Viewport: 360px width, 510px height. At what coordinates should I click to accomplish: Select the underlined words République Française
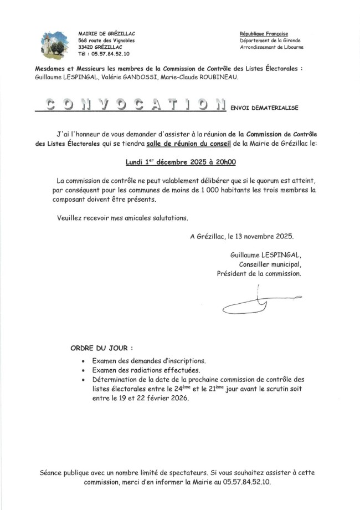click(264, 33)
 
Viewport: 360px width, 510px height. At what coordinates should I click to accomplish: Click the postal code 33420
click(86, 47)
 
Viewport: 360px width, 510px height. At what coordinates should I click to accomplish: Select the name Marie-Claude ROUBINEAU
click(198, 77)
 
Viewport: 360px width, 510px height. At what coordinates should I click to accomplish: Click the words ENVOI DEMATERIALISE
click(264, 108)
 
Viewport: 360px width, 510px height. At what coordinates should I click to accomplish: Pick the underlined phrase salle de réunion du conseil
click(190, 144)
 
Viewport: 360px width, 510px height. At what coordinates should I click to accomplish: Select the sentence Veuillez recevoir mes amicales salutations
click(122, 217)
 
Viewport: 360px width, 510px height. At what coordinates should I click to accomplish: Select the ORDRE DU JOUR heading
click(102, 349)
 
